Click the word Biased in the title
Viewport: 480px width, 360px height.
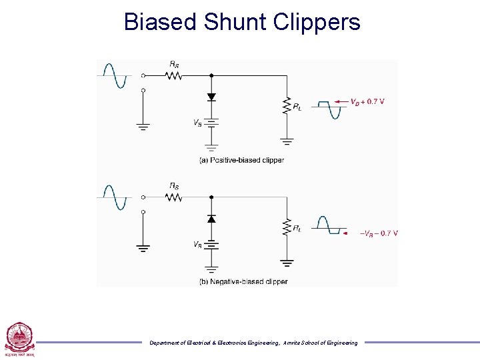161,22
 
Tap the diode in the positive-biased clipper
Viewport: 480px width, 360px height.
211,97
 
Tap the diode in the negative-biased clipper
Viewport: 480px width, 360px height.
211,219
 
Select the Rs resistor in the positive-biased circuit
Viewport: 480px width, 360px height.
173,75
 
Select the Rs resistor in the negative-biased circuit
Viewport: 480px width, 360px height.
173,197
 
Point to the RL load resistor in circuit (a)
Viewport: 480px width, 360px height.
287,105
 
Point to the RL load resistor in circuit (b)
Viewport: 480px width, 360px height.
287,227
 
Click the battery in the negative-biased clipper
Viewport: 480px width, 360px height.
211,245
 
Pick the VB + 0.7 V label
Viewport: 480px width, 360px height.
368,102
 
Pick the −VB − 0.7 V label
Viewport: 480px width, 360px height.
379,233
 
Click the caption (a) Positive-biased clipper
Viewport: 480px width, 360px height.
241,160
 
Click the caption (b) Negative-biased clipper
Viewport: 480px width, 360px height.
243,281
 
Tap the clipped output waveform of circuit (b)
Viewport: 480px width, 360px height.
330,226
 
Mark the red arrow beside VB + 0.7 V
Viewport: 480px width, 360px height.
341,102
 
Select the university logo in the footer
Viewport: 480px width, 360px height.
19,338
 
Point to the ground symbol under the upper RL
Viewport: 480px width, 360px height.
287,141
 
